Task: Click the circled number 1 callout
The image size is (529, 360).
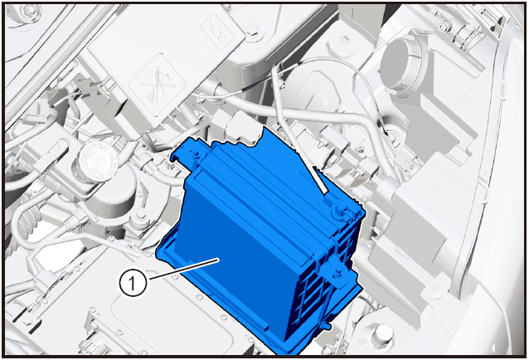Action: [133, 283]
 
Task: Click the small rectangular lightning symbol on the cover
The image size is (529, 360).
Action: [217, 32]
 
